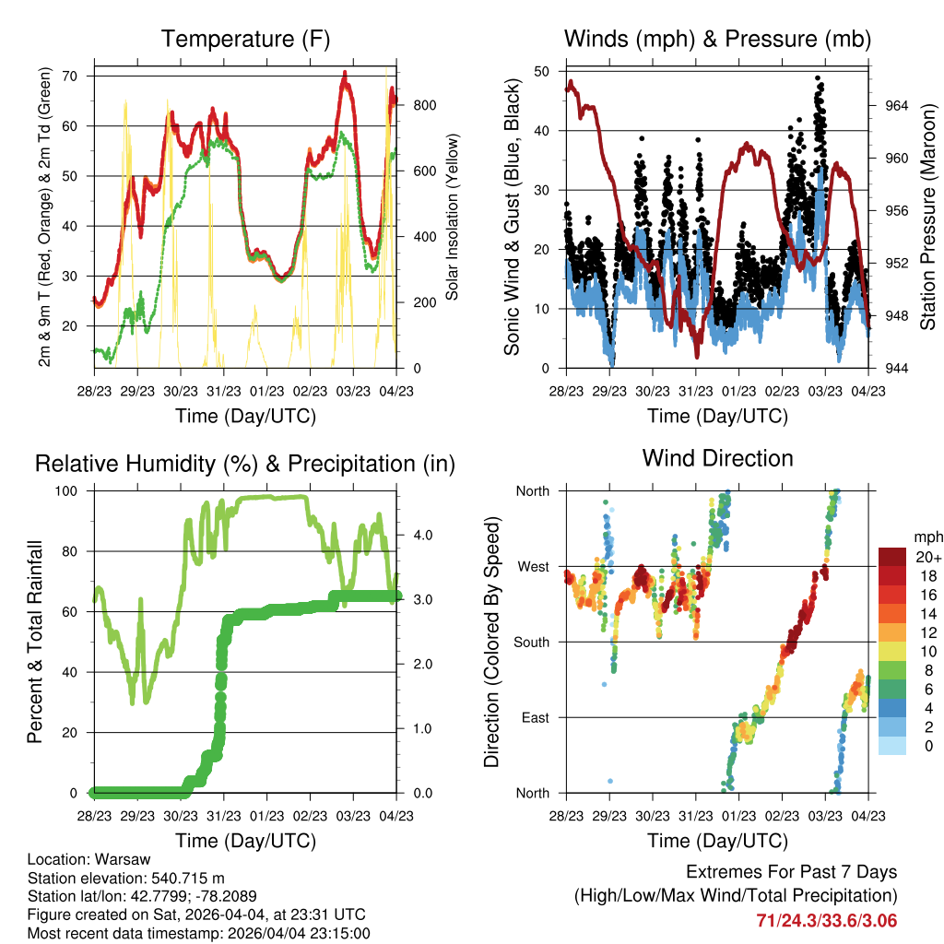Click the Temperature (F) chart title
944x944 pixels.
[x=245, y=39]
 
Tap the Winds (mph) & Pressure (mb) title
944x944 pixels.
[x=717, y=39]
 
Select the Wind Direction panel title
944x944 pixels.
[x=717, y=458]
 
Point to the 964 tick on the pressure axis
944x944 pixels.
[x=896, y=106]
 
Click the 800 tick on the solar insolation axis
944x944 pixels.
[x=425, y=105]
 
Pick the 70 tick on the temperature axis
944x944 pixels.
[x=70, y=77]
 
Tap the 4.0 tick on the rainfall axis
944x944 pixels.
[x=423, y=536]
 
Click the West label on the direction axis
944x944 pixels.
[x=534, y=567]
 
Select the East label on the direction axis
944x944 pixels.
[x=536, y=717]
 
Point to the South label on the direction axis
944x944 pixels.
[x=532, y=643]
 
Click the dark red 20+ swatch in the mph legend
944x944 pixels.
[x=892, y=557]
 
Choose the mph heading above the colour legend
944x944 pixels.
[x=928, y=537]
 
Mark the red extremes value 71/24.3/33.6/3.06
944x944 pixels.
[x=827, y=921]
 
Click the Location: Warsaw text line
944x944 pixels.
[x=89, y=859]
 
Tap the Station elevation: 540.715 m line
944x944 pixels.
[x=125, y=878]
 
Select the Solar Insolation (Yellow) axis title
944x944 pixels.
[x=452, y=217]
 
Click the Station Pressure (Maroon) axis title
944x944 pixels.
[x=927, y=217]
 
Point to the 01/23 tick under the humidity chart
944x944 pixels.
[x=266, y=817]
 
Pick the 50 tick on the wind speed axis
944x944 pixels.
[x=542, y=72]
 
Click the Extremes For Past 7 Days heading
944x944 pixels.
[x=792, y=872]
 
